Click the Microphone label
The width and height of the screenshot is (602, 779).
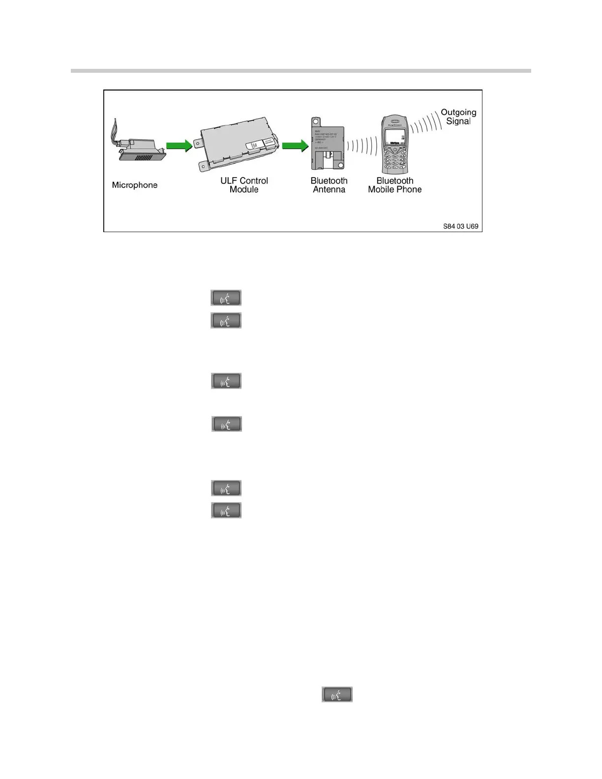click(135, 185)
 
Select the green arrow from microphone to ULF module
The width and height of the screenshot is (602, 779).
click(179, 146)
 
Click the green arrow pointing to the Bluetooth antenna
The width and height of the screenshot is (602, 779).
click(295, 146)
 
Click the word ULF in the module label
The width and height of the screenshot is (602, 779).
click(229, 180)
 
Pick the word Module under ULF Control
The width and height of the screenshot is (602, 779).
click(244, 190)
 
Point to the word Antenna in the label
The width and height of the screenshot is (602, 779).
click(329, 190)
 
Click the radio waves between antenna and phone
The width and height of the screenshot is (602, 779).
click(361, 146)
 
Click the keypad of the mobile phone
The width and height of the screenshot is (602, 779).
click(395, 160)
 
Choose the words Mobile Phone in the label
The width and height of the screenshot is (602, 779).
click(395, 190)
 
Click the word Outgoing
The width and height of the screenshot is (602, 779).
click(458, 112)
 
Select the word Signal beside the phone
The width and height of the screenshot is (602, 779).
click(458, 121)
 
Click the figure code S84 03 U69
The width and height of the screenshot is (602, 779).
click(460, 227)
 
